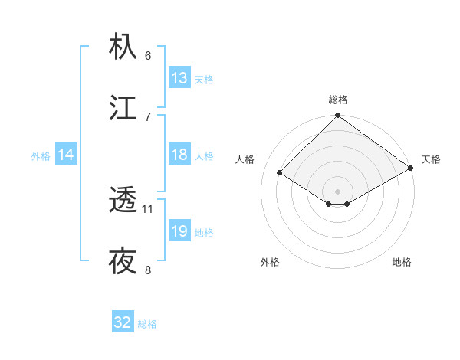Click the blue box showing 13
[x=179, y=78]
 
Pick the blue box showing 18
[x=179, y=155]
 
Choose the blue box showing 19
[x=179, y=231]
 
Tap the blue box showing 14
[x=66, y=155]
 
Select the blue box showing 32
[x=123, y=322]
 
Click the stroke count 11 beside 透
[x=148, y=208]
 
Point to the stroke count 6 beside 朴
[x=148, y=55]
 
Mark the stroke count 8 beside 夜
[x=148, y=270]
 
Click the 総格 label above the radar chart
[x=338, y=100]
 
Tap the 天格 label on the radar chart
[x=431, y=159]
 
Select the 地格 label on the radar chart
[x=402, y=262]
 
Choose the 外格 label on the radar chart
[x=270, y=262]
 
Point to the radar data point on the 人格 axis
[x=280, y=172]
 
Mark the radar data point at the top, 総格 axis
[x=338, y=116]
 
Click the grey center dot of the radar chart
[x=338, y=191]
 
